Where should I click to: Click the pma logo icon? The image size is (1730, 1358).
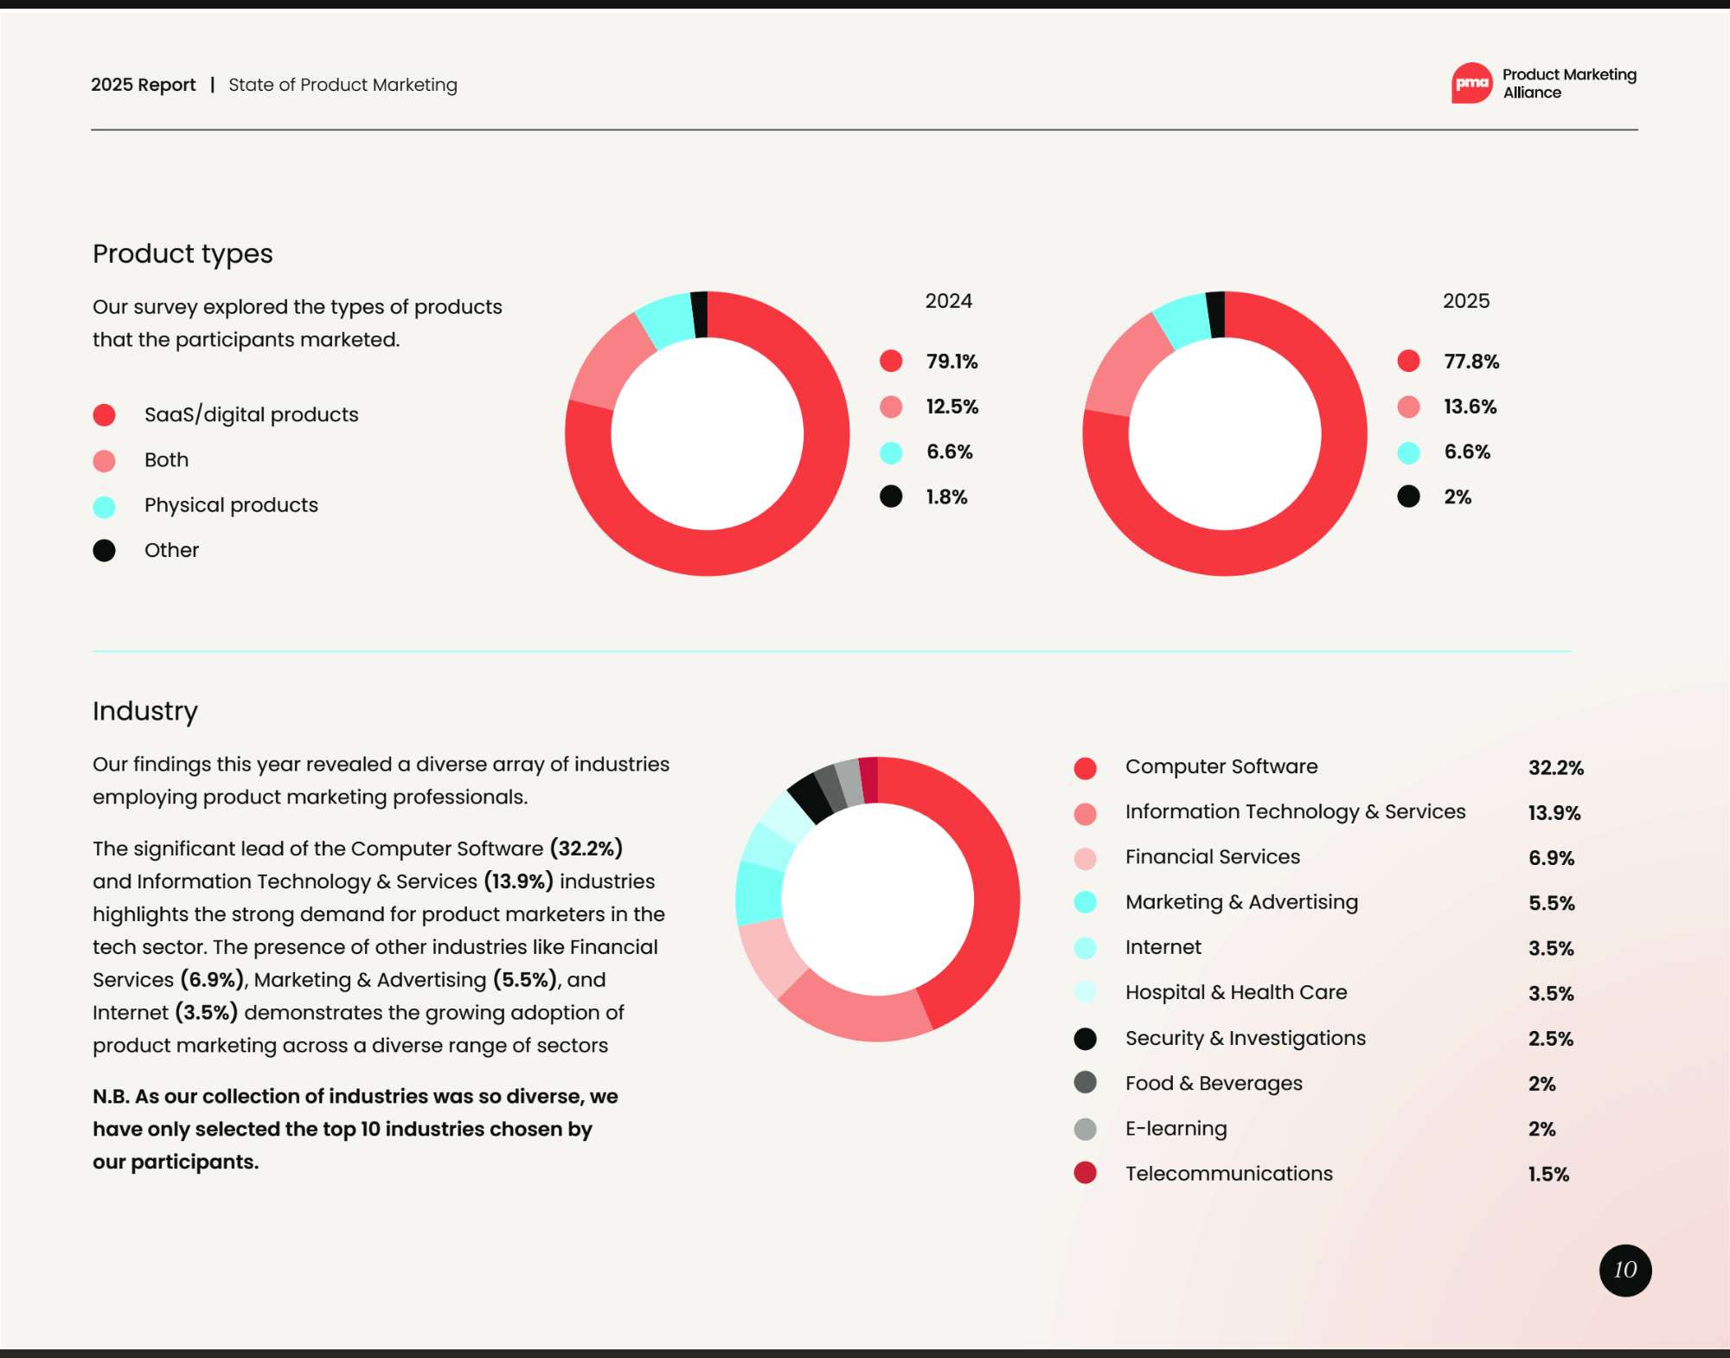[x=1471, y=83]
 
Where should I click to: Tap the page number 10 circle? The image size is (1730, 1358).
[x=1624, y=1270]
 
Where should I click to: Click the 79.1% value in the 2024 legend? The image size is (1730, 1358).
[x=951, y=362]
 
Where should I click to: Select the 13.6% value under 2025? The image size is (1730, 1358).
[x=1470, y=407]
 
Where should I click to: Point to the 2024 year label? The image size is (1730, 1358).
[x=948, y=301]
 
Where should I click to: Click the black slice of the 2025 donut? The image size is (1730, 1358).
[x=1215, y=315]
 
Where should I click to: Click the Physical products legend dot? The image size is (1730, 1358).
[x=105, y=506]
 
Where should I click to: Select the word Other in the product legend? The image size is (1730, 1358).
[x=171, y=550]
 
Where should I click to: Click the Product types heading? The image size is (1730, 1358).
[x=183, y=253]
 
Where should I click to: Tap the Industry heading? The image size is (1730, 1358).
[x=145, y=711]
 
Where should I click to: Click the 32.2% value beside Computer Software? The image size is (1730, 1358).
[x=1555, y=768]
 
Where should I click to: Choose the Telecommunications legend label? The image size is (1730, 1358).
[x=1228, y=1174]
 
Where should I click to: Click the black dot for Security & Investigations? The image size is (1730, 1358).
[x=1085, y=1039]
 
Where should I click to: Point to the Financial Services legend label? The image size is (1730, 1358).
[x=1212, y=857]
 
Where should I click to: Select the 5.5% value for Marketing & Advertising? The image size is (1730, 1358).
[x=1551, y=903]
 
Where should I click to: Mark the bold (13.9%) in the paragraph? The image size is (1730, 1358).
[x=518, y=881]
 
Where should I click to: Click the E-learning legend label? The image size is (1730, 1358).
[x=1176, y=1129]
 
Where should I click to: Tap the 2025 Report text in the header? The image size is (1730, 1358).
[x=144, y=85]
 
